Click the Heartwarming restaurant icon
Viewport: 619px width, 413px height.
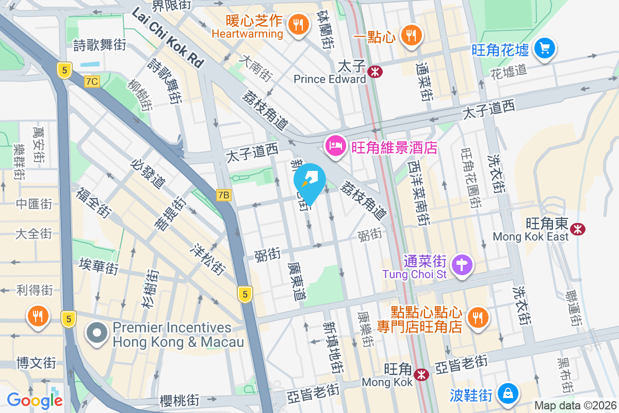click(298, 23)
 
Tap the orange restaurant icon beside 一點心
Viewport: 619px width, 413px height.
click(411, 35)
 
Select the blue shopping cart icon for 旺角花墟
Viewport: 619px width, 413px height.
click(544, 49)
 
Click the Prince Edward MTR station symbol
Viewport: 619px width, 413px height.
click(376, 72)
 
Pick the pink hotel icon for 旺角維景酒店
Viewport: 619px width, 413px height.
click(336, 146)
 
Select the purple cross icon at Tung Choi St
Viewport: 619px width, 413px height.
click(462, 265)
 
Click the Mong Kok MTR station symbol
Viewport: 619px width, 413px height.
click(422, 374)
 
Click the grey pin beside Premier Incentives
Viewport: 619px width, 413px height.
click(97, 334)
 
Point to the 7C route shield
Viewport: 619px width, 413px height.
click(92, 81)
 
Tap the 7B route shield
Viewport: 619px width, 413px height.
click(223, 195)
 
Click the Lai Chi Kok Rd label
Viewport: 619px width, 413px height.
click(168, 39)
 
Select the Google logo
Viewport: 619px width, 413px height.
click(35, 400)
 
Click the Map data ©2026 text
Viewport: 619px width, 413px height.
click(575, 405)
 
